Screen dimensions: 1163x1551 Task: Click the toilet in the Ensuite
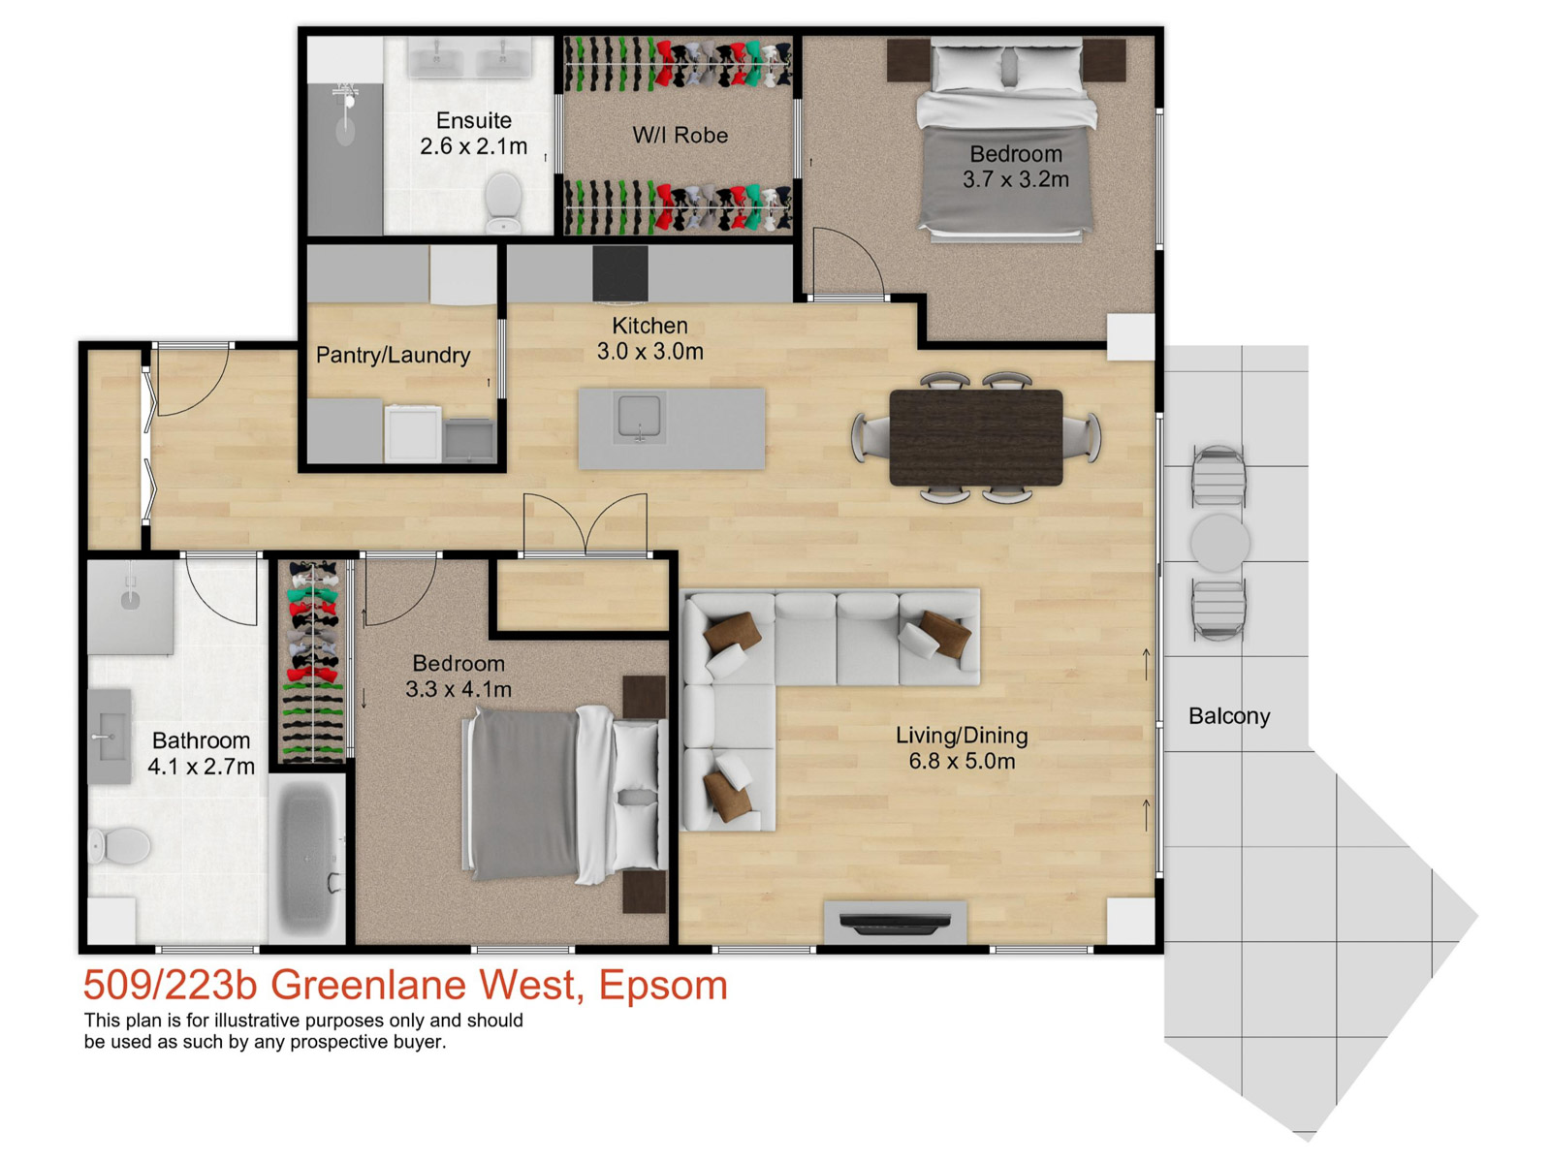pos(503,201)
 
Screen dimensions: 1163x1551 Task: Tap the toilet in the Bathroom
pos(120,845)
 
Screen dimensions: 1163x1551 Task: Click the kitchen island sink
pos(640,417)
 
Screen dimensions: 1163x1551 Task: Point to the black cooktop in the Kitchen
pos(620,273)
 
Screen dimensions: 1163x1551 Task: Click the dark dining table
pos(975,437)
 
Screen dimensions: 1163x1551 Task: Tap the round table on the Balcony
pos(1219,543)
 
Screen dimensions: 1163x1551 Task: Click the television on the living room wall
pos(895,924)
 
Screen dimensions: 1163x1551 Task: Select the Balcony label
pos(1229,716)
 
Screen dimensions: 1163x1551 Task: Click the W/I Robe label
pos(680,136)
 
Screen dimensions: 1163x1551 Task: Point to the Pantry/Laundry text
pos(393,355)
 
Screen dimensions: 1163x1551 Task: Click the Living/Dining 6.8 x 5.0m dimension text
pos(961,762)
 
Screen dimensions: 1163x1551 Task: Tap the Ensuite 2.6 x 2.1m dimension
pos(473,147)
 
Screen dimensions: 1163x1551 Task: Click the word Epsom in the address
pos(662,986)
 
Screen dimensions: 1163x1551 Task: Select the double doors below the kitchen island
pos(585,526)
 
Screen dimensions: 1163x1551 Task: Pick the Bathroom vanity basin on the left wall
pos(110,737)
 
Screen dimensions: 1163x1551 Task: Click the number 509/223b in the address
pos(170,986)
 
